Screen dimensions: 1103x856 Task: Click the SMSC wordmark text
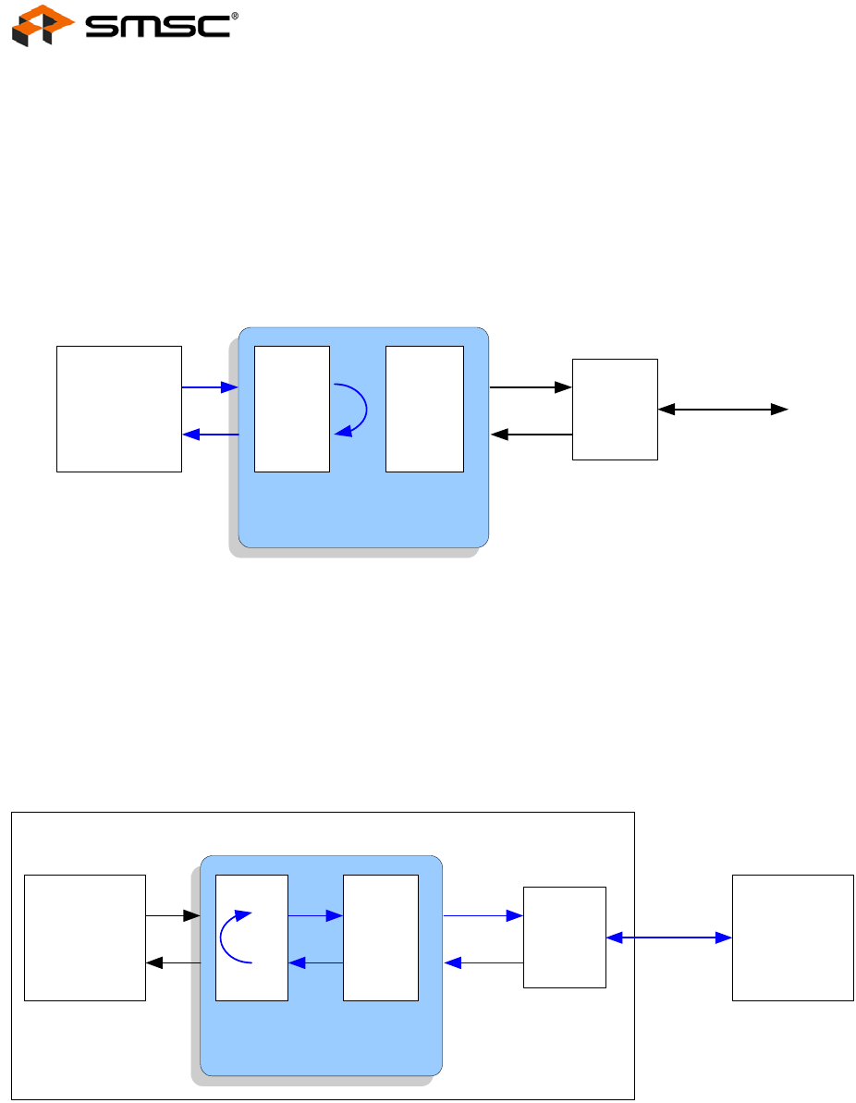[x=157, y=27]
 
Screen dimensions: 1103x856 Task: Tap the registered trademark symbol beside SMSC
[x=235, y=15]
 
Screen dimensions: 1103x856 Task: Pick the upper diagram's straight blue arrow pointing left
[x=210, y=435]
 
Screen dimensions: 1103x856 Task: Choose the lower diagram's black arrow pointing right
[x=173, y=916]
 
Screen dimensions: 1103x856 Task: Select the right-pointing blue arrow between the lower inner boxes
[x=315, y=916]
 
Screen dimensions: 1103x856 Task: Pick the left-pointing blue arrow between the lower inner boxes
[x=315, y=962]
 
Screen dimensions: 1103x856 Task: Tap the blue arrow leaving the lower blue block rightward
[x=483, y=916]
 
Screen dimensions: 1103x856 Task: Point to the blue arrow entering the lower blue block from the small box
[x=483, y=962]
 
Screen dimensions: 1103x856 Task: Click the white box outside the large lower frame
[x=792, y=938]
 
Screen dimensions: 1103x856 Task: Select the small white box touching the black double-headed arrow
[x=615, y=409]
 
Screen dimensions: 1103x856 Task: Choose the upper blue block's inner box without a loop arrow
[x=424, y=409]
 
